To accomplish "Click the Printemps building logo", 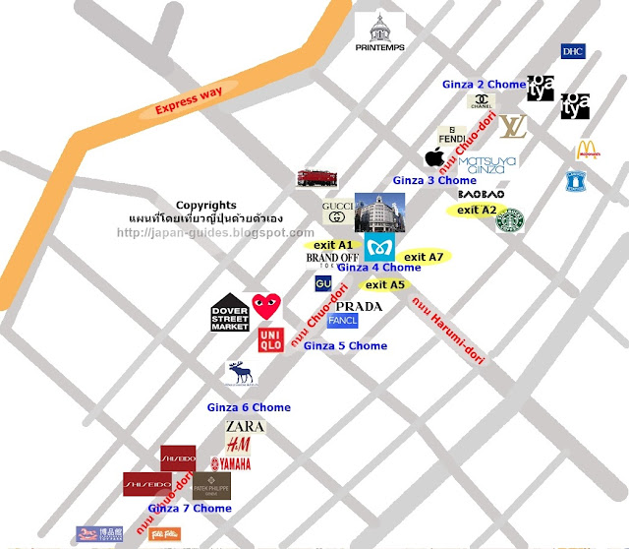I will (378, 35).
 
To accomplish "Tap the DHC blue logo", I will (572, 51).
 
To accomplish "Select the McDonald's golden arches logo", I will (588, 150).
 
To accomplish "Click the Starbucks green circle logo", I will (509, 221).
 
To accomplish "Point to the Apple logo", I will (433, 157).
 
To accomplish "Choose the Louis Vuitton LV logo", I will (511, 126).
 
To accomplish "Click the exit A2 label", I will (478, 210).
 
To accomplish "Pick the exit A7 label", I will (425, 257).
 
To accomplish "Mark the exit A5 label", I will (384, 284).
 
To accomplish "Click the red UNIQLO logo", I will (271, 340).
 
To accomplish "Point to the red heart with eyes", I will (264, 305).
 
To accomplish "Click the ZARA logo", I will (245, 427).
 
